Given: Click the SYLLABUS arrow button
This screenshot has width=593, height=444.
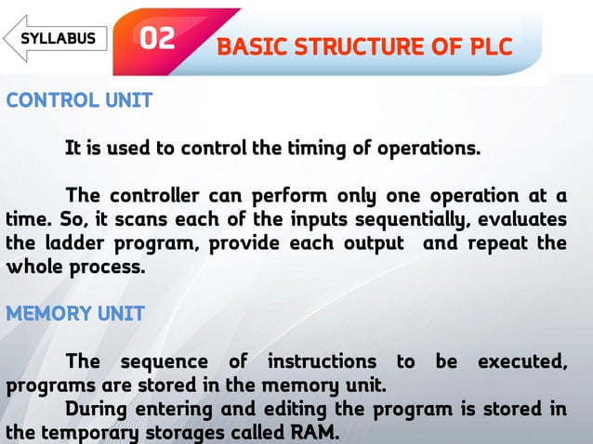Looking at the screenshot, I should pos(56,38).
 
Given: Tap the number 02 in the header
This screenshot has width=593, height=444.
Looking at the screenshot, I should pos(157,39).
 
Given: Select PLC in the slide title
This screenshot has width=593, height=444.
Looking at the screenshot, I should pos(489,46).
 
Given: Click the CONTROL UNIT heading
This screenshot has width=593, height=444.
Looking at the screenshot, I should pos(79,100).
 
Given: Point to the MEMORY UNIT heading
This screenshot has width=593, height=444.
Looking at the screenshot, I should pos(75,314).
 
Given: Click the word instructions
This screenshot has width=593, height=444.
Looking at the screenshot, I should pos(322,361).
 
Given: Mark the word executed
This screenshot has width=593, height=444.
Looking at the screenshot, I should pos(521,361).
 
